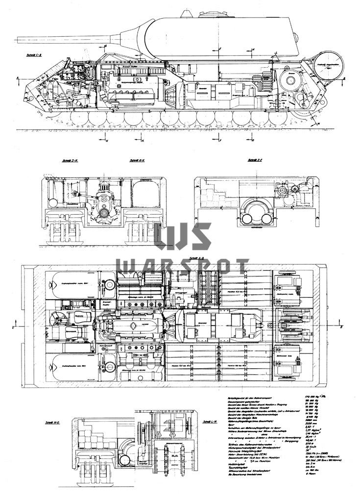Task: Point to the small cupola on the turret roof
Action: [x=190, y=13]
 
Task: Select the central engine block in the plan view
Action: [x=132, y=326]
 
